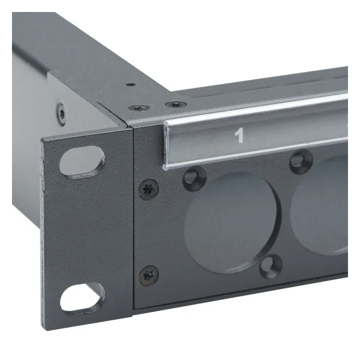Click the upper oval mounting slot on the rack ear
pos(82,160)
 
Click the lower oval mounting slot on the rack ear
pos(82,296)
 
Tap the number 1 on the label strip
pos(239,136)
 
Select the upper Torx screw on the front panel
pos(148,190)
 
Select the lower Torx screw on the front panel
pos(148,276)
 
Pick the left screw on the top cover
pos(139,108)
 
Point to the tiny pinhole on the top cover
pos(128,85)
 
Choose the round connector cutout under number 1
pos(232,221)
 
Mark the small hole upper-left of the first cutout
pos(193,176)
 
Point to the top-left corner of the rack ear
pos(43,140)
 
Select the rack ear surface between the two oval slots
pos(84,228)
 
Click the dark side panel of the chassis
pos(36,78)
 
